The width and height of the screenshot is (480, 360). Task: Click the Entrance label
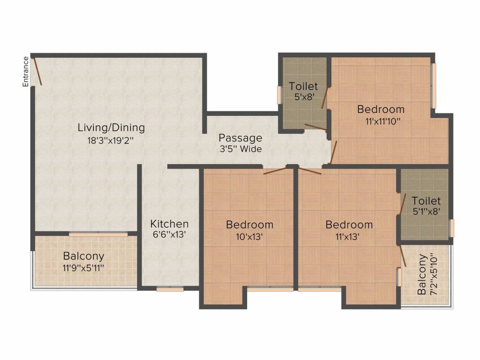click(26, 71)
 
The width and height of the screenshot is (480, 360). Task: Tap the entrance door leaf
click(37, 70)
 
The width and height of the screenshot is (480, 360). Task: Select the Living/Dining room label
click(111, 127)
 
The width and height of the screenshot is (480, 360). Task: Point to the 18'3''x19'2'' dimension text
click(111, 141)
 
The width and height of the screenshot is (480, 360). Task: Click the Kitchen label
click(169, 224)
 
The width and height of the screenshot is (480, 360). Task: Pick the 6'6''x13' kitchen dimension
click(169, 234)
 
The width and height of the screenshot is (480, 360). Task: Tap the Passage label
click(240, 138)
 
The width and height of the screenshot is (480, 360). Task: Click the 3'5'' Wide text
click(240, 149)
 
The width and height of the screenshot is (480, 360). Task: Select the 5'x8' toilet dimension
click(304, 97)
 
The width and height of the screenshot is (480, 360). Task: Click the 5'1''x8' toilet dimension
click(427, 211)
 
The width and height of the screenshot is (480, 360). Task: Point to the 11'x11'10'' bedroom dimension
click(383, 121)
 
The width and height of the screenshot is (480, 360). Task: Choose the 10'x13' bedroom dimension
click(249, 237)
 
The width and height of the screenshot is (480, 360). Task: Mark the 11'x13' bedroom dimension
click(347, 237)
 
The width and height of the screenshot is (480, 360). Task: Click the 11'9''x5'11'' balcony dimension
click(83, 268)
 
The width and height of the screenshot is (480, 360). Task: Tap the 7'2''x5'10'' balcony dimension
click(434, 274)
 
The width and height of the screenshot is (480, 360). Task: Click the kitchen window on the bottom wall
click(170, 289)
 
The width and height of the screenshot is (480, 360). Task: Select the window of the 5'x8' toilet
click(279, 95)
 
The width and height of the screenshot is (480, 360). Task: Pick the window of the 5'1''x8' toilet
click(451, 228)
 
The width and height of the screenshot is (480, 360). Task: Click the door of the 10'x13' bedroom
click(275, 171)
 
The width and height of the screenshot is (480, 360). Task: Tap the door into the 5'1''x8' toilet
click(402, 204)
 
